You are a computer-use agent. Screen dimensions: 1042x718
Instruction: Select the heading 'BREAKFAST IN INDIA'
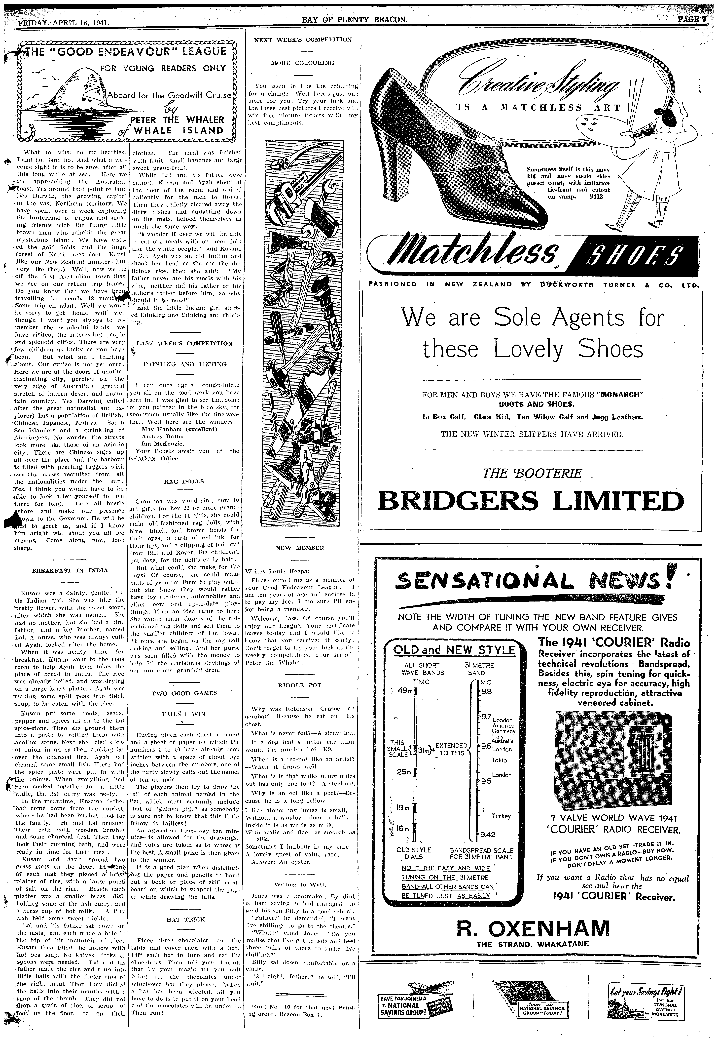coord(70,570)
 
